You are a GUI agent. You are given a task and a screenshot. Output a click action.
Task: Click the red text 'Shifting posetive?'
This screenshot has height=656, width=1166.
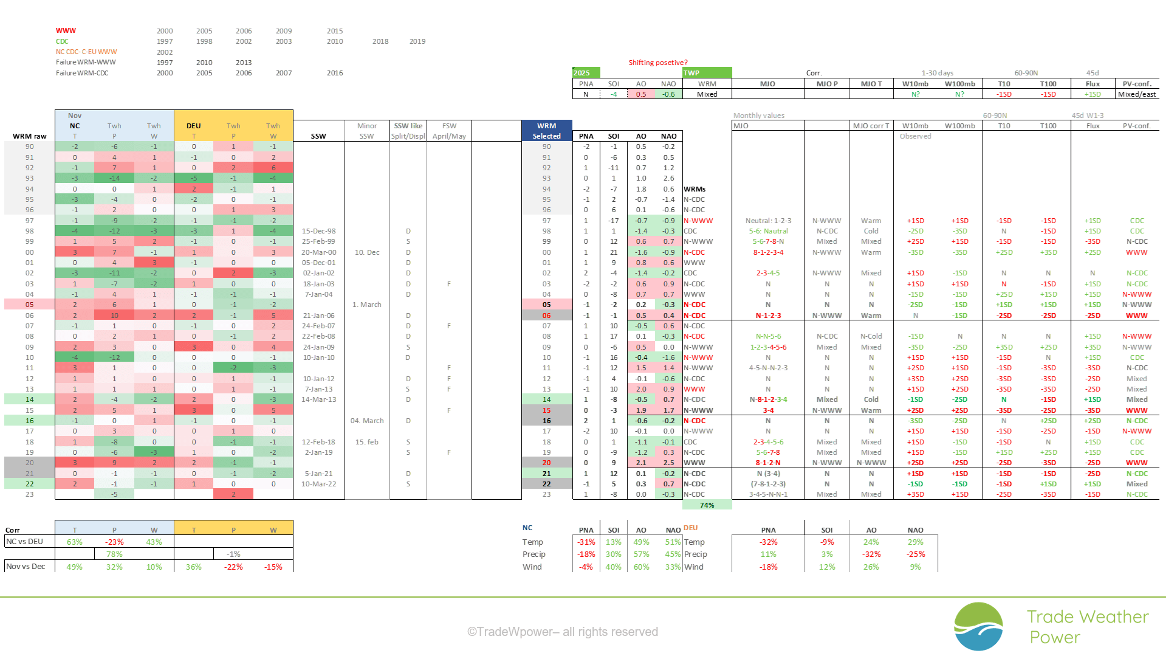coord(657,63)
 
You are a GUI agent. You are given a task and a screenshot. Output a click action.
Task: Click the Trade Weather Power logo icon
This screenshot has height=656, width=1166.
coord(978,626)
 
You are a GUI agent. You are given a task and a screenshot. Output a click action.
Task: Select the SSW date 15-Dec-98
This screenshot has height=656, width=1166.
coord(318,231)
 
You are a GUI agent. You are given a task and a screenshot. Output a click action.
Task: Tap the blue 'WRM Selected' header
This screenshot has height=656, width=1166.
coord(546,131)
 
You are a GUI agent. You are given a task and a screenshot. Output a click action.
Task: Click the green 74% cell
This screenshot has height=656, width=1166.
coord(707,505)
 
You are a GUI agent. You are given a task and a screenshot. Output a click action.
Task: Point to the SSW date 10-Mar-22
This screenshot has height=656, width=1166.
coord(318,484)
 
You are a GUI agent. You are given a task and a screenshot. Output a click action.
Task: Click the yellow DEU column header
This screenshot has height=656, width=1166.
coord(194,126)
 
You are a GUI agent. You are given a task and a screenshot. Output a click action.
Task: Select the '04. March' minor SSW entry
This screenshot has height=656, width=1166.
coord(367,421)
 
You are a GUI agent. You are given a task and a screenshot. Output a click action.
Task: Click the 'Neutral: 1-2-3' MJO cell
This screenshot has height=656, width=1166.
coord(768,221)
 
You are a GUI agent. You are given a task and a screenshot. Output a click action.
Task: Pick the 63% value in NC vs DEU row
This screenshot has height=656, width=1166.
coord(75,542)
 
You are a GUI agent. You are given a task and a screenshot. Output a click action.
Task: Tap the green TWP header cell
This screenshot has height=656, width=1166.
coord(707,73)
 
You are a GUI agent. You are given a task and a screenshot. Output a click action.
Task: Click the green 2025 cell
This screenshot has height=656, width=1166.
coord(586,73)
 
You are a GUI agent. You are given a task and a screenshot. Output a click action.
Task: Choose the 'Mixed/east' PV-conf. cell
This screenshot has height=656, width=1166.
coord(1137,94)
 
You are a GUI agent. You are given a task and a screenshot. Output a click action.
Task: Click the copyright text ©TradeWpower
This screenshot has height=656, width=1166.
coord(562,632)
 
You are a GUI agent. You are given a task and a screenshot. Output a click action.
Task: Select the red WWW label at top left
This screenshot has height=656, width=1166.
coord(66,30)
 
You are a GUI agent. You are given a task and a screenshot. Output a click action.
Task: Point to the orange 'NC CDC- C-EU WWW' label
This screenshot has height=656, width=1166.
coord(86,52)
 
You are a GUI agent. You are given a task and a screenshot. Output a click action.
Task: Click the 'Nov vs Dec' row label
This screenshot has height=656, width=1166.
coord(26,567)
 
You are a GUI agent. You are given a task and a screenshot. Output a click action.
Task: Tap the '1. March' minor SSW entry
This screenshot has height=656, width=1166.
coord(367,305)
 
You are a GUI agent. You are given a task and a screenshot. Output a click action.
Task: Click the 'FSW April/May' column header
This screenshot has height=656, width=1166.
coord(449,131)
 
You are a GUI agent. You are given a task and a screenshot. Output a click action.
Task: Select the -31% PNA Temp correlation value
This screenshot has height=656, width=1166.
coord(586,542)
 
